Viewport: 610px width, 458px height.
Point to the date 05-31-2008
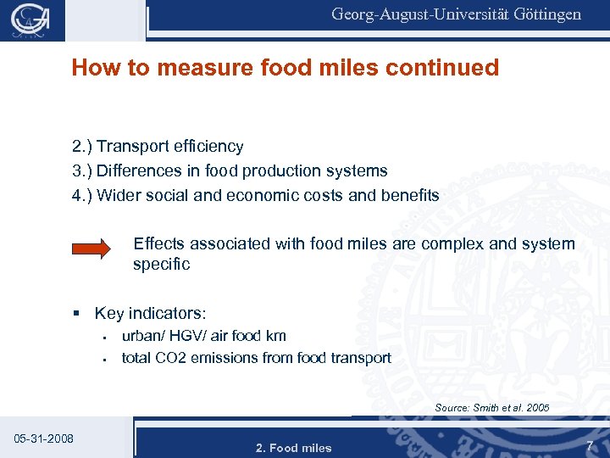44,438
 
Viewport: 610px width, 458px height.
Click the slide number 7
589,445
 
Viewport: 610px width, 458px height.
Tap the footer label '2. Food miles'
294,448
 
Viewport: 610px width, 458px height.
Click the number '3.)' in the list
82,171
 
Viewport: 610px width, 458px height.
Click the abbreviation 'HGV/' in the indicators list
180,337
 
